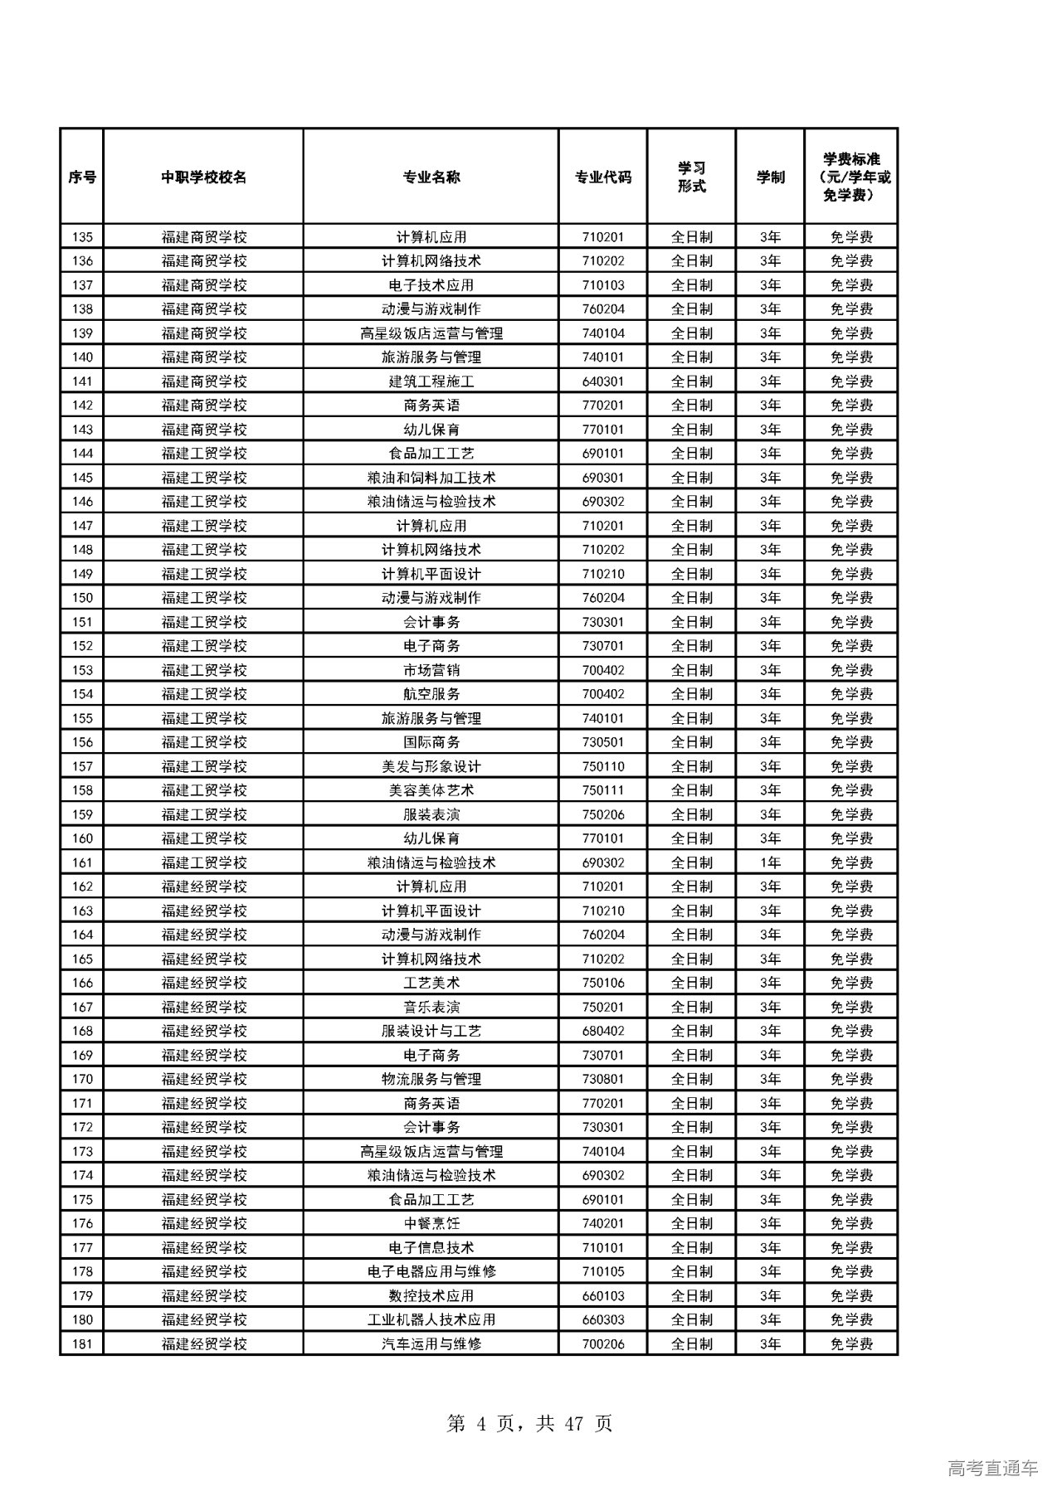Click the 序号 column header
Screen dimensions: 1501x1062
(82, 177)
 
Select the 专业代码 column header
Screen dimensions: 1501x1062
(603, 177)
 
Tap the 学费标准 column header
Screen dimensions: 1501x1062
(851, 177)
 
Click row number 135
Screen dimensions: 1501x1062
(82, 237)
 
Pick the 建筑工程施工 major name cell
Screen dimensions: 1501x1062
(431, 381)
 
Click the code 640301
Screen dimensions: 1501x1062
(603, 381)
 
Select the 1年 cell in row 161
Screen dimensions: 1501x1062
(770, 862)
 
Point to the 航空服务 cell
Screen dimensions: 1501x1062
(431, 694)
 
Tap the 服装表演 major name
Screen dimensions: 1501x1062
(431, 814)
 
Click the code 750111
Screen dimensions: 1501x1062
(603, 790)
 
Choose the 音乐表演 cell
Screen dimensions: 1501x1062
(431, 1007)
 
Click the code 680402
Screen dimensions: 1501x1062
(603, 1031)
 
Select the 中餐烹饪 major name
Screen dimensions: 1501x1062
(431, 1223)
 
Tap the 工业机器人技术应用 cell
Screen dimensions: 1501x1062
(431, 1319)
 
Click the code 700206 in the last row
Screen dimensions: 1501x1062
(603, 1343)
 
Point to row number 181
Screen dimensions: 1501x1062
(82, 1343)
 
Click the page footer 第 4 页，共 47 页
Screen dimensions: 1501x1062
(529, 1423)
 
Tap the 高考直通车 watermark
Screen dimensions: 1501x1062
(992, 1468)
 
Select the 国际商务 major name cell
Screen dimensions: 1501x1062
(431, 742)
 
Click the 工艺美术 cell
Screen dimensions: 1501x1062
(431, 983)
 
